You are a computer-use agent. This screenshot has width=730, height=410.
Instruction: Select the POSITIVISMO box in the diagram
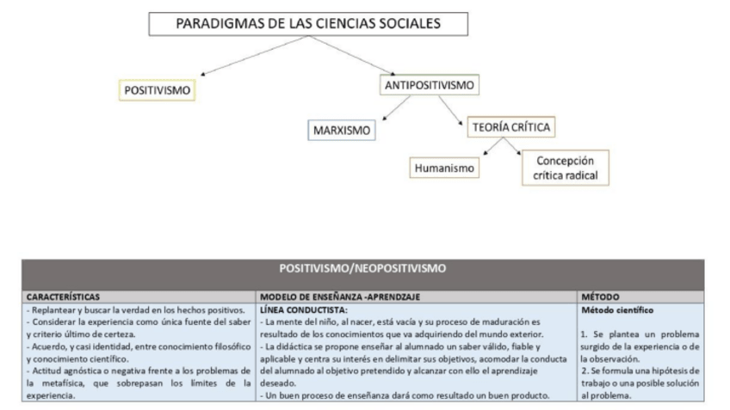point(156,89)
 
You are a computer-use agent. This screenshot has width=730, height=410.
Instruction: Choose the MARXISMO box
point(342,131)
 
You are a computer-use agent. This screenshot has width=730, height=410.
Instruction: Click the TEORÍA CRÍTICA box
point(510,128)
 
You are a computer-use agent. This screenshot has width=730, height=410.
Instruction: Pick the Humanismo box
point(443,167)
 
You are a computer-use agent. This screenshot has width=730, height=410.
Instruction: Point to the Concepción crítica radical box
point(560,168)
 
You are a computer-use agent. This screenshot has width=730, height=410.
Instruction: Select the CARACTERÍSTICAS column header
point(61,297)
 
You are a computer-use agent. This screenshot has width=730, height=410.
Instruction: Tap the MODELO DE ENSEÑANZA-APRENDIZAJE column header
point(340,297)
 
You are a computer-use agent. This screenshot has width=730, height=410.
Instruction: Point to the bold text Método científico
point(618,309)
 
